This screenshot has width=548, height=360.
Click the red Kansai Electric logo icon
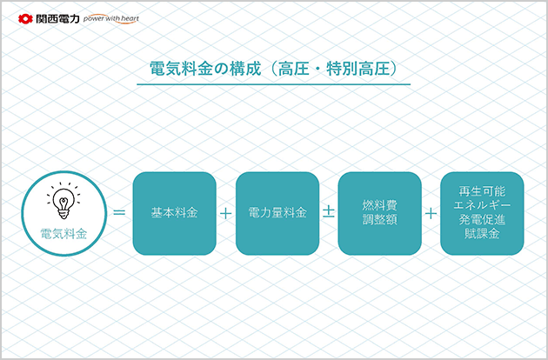pyautogui.click(x=25, y=19)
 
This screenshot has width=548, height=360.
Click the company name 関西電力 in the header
pyautogui.click(x=58, y=19)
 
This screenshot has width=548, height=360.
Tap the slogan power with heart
pyautogui.click(x=111, y=19)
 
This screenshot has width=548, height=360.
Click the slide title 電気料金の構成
pyautogui.click(x=205, y=69)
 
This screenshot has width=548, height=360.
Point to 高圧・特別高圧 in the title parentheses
pyautogui.click(x=334, y=69)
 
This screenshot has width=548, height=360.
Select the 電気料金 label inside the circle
pyautogui.click(x=63, y=234)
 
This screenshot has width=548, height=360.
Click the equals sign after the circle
pyautogui.click(x=119, y=212)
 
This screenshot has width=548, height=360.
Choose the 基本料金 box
pyautogui.click(x=174, y=213)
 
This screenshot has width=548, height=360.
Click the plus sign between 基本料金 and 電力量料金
pyautogui.click(x=226, y=213)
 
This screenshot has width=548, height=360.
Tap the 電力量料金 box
pyautogui.click(x=277, y=213)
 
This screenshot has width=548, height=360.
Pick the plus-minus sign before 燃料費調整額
pyautogui.click(x=329, y=212)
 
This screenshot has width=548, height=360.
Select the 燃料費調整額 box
pyautogui.click(x=379, y=213)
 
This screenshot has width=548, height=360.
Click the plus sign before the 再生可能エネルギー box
pyautogui.click(x=431, y=213)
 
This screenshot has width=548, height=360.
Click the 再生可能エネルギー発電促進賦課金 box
pyautogui.click(x=482, y=213)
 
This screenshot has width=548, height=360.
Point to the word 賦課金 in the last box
pyautogui.click(x=482, y=233)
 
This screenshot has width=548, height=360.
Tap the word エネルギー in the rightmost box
pyautogui.click(x=482, y=205)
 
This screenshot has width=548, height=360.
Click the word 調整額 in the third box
pyautogui.click(x=379, y=219)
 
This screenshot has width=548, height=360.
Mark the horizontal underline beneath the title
pyautogui.click(x=274, y=84)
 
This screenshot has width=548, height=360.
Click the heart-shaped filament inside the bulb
pyautogui.click(x=63, y=202)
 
